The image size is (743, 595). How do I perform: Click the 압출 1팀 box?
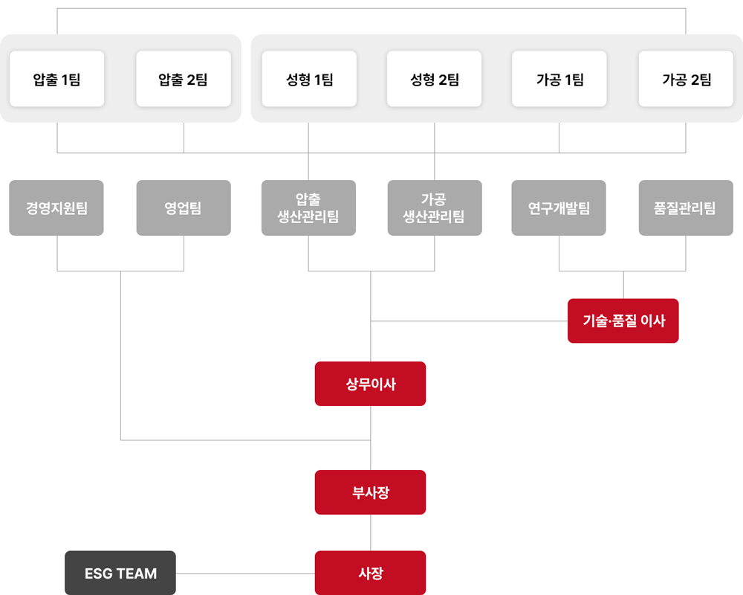tap(57, 79)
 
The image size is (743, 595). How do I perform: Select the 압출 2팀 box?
tap(184, 79)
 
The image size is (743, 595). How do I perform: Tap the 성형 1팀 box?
tap(309, 79)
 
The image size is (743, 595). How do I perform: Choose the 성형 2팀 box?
tap(435, 79)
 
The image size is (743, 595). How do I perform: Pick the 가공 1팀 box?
tap(559, 79)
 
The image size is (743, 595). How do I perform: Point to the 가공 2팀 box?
tap(686, 79)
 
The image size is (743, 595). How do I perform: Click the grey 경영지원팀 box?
tap(56, 208)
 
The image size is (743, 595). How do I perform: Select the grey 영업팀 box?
tap(184, 208)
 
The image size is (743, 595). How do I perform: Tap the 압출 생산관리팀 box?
tap(308, 208)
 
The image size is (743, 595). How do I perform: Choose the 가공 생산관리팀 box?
tap(435, 208)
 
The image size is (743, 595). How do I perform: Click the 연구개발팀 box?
tap(559, 208)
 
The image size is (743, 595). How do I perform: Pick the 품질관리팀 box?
tap(686, 208)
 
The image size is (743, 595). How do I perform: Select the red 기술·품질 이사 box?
tap(623, 321)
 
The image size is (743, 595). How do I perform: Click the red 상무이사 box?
tap(370, 384)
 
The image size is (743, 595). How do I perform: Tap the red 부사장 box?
tap(370, 492)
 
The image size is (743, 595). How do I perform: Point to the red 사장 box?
tap(370, 573)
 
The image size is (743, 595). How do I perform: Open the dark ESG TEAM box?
tap(120, 573)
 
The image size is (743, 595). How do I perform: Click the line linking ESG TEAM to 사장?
tap(245, 573)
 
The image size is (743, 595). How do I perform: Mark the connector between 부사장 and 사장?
tap(370, 533)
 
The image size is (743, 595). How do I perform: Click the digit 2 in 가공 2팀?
tap(695, 80)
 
